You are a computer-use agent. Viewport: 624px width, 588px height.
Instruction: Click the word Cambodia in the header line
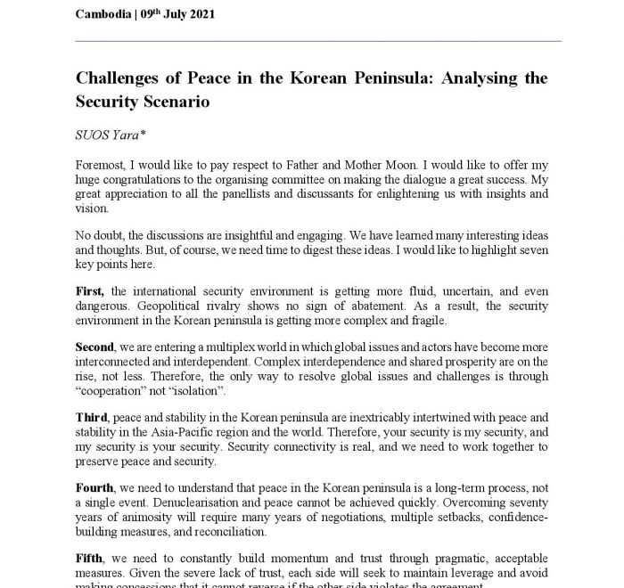point(104,15)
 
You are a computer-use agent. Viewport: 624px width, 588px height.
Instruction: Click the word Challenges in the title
point(123,78)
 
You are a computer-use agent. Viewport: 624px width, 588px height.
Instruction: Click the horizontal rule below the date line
point(318,41)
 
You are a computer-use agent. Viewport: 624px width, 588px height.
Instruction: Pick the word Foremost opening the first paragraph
point(103,167)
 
